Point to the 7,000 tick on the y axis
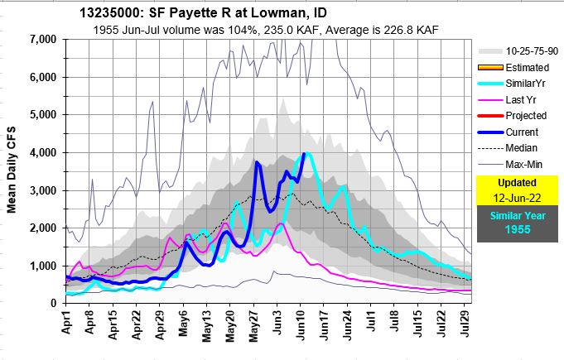point(41,40)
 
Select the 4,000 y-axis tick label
point(41,153)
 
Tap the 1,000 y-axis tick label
point(41,266)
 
